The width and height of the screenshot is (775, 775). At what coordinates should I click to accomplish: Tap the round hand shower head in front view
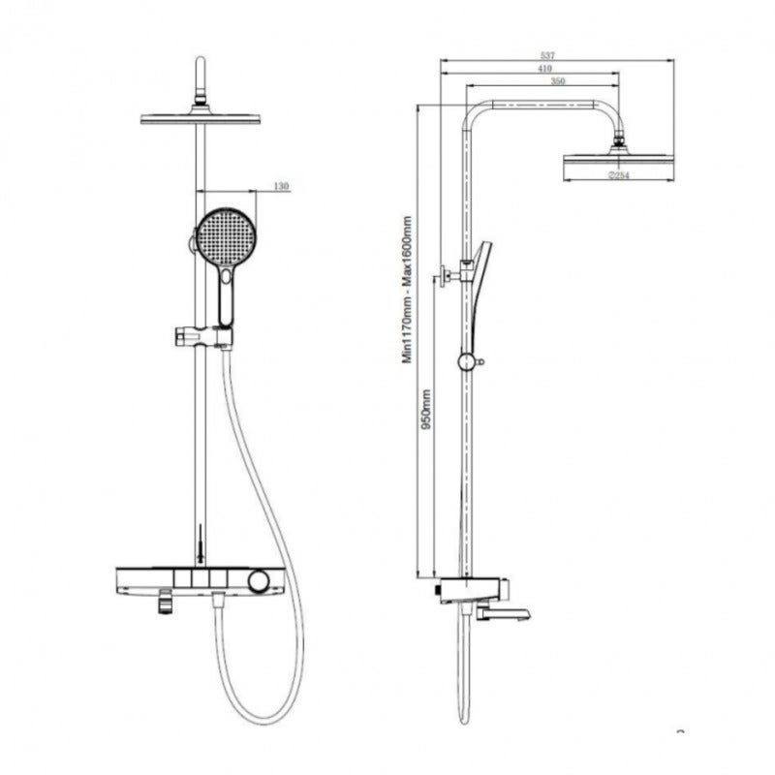[x=223, y=236]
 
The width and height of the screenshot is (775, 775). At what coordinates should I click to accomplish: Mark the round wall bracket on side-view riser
[x=467, y=362]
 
